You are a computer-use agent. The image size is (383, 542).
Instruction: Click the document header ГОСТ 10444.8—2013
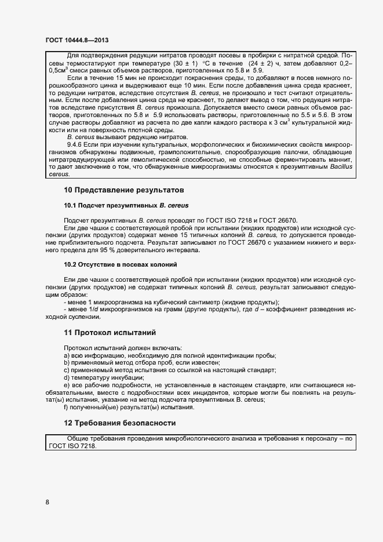click(77, 40)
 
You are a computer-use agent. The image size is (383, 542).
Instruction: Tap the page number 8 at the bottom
click(47, 502)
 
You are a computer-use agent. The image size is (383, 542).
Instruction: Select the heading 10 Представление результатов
click(123, 190)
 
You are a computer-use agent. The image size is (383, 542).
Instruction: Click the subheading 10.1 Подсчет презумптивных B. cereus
click(126, 205)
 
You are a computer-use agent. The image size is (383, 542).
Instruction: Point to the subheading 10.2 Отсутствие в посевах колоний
click(120, 264)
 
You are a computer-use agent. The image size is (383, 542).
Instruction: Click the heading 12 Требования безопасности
click(119, 423)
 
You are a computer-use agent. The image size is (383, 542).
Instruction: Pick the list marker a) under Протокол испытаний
click(66, 355)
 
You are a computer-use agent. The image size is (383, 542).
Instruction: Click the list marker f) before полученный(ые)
click(65, 408)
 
